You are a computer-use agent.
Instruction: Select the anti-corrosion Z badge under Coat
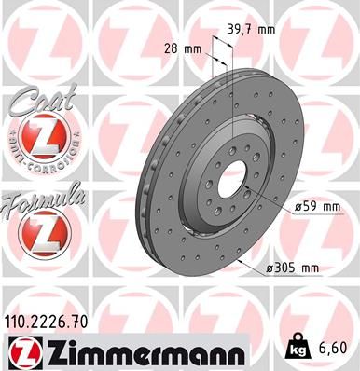(40, 140)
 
